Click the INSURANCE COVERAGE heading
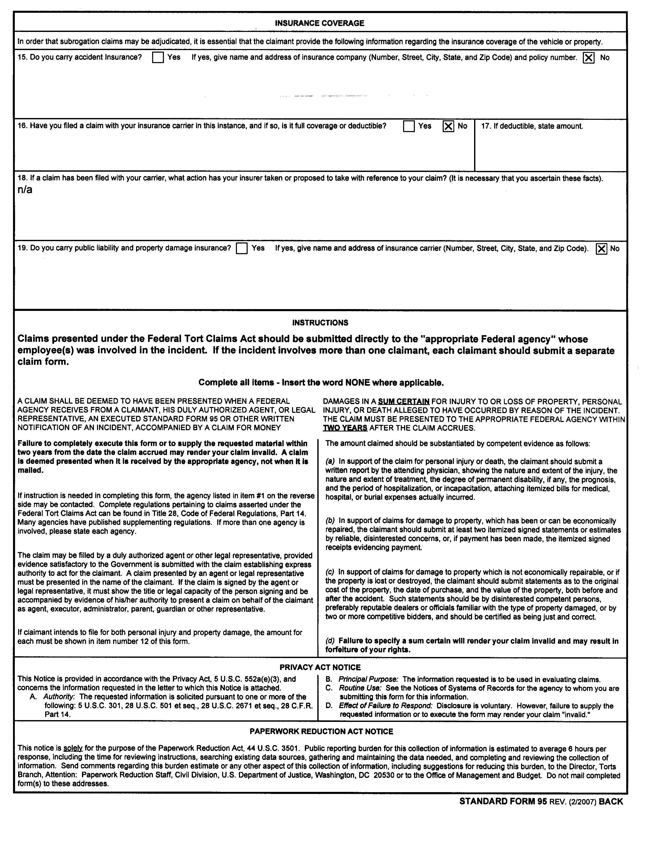tap(319, 23)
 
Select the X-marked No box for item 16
tap(448, 126)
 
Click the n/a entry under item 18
tap(25, 190)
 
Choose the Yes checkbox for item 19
tap(242, 249)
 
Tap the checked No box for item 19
tap(601, 249)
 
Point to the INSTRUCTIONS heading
tap(320, 323)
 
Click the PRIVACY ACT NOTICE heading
tap(320, 667)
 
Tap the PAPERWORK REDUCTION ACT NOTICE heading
tap(321, 732)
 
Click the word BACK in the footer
tap(611, 802)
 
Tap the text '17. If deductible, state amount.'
tap(532, 126)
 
